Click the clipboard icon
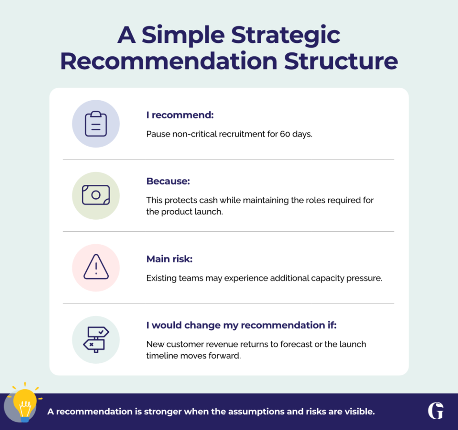tap(96, 124)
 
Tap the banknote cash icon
tap(96, 195)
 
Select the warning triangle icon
tap(96, 267)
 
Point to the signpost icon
tap(96, 340)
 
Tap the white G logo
tap(436, 411)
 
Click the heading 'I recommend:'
tap(180, 115)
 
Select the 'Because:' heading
tap(168, 181)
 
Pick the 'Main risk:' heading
tap(170, 259)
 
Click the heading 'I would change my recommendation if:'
tap(241, 325)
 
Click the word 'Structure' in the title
tap(341, 61)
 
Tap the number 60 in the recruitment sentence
tap(285, 134)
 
